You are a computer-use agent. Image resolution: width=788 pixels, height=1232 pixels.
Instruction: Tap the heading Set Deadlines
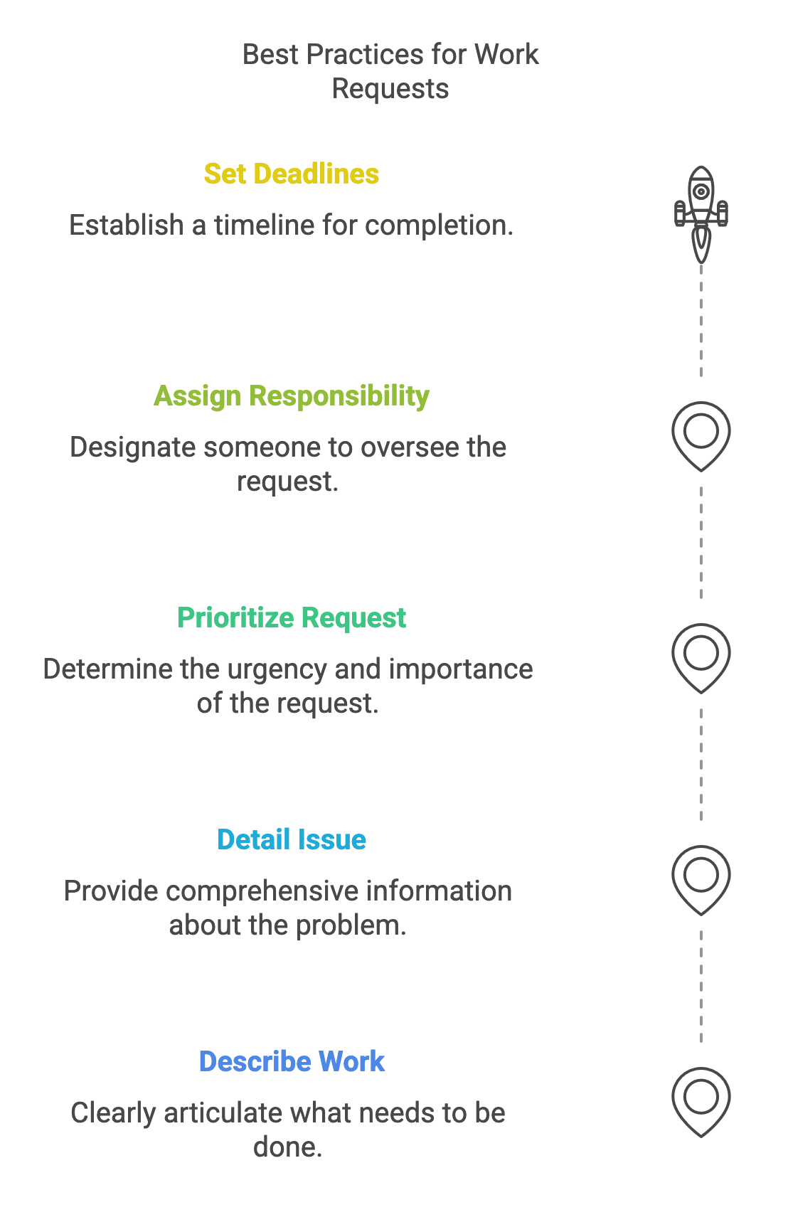click(292, 174)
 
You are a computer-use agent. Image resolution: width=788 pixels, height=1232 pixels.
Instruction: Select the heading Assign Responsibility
click(292, 396)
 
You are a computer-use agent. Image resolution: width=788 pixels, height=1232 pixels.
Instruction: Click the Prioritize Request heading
click(292, 618)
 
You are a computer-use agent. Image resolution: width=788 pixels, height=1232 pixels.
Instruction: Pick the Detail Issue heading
click(292, 840)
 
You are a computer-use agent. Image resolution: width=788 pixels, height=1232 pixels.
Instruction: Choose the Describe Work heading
click(292, 1062)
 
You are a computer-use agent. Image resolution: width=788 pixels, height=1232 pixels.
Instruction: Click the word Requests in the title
click(390, 90)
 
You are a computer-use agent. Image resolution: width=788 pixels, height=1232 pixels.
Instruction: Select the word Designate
click(132, 448)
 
